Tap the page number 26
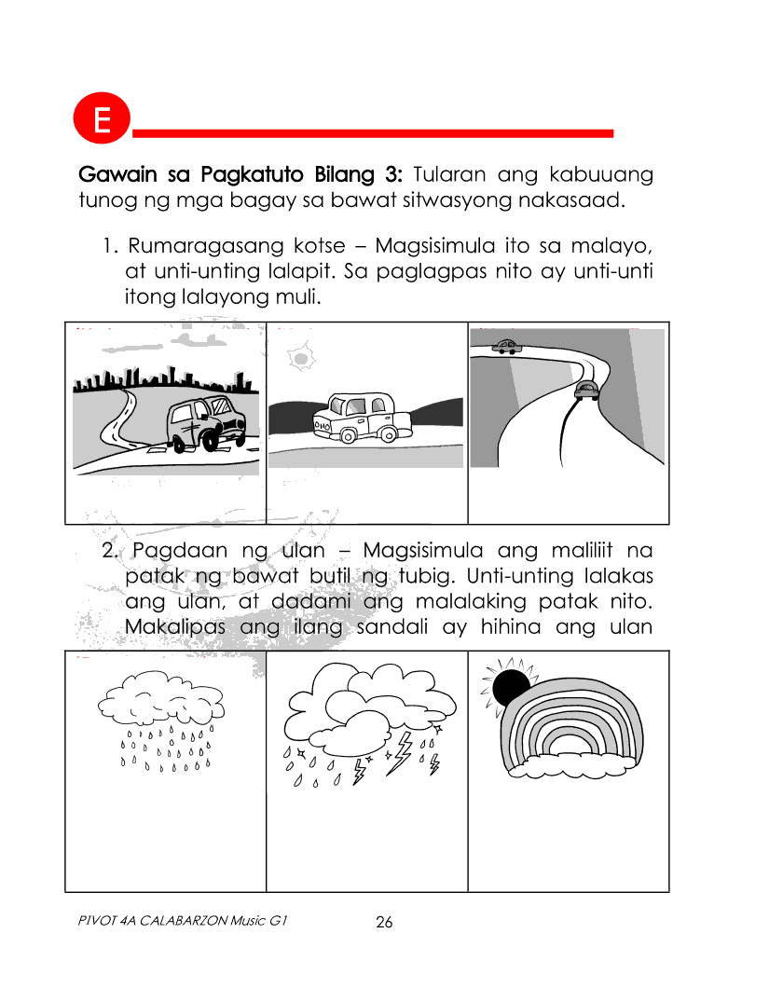pyautogui.click(x=384, y=923)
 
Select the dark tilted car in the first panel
pyautogui.click(x=206, y=422)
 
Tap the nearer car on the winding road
pyautogui.click(x=586, y=390)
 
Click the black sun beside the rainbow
pyautogui.click(x=511, y=688)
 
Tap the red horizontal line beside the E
pyautogui.click(x=373, y=133)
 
